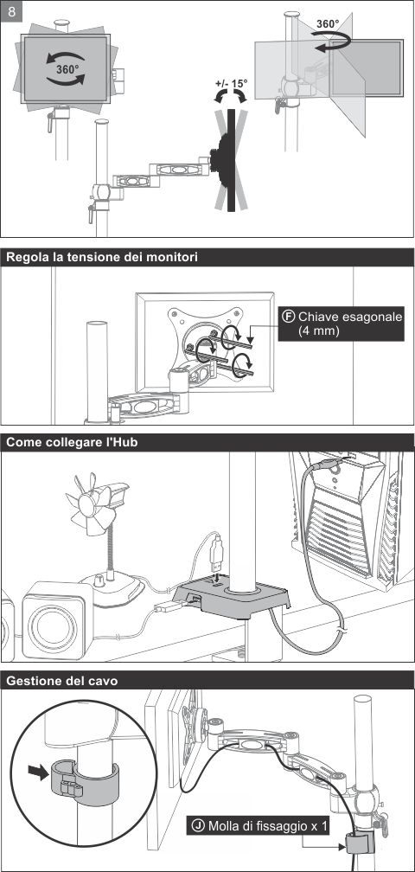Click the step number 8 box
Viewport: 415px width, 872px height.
coord(11,10)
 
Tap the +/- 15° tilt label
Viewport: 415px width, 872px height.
coord(231,84)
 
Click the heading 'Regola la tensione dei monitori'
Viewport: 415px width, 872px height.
coord(102,257)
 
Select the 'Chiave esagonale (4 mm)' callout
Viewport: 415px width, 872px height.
coord(342,324)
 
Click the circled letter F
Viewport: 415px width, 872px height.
coord(288,317)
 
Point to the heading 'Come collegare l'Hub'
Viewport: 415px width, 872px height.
coord(72,442)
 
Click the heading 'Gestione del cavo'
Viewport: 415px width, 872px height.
coord(61,681)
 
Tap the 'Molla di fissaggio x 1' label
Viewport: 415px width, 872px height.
coord(259,826)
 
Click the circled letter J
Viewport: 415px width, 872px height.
coord(197,826)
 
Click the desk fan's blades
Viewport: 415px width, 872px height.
coord(89,505)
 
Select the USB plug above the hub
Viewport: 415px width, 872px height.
coord(218,550)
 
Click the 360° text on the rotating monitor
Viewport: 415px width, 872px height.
coord(67,69)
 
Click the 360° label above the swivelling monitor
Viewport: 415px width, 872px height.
coord(328,24)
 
